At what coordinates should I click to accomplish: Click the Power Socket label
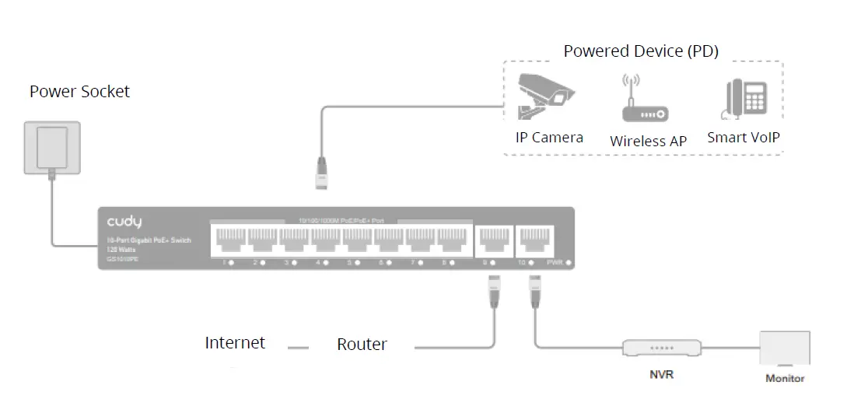[x=79, y=92]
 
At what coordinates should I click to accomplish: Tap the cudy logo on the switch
[x=124, y=223]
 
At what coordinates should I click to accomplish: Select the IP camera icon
[x=544, y=96]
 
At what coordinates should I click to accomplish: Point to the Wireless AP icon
[x=644, y=101]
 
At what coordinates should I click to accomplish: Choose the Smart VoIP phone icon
[x=744, y=100]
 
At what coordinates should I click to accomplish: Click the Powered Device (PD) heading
[x=641, y=51]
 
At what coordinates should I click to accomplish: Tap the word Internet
[x=235, y=343]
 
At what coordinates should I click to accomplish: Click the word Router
[x=362, y=345]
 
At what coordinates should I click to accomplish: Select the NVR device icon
[x=661, y=348]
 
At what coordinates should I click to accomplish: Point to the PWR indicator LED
[x=569, y=264]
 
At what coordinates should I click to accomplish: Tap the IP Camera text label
[x=549, y=138]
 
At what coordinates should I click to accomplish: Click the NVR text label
[x=661, y=375]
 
